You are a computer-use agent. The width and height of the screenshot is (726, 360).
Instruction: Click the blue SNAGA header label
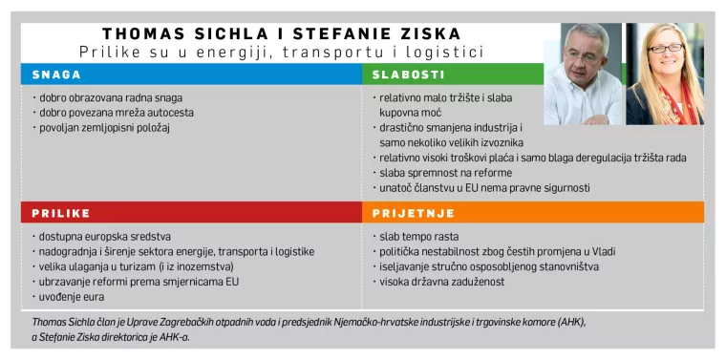click(x=55, y=74)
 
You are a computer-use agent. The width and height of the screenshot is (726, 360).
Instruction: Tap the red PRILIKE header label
click(x=60, y=213)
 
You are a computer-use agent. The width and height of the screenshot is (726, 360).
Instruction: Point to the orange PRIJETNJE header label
click(x=413, y=213)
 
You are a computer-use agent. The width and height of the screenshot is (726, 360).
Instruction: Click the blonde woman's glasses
click(x=665, y=48)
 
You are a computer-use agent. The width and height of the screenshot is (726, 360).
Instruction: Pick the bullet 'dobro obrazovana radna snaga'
click(x=107, y=97)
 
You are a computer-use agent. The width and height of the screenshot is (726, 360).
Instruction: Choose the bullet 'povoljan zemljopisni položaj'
click(x=104, y=127)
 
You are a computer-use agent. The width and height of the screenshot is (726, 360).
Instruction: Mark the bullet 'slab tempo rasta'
click(x=414, y=236)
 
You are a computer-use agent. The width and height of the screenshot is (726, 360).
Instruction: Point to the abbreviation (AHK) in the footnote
click(x=568, y=322)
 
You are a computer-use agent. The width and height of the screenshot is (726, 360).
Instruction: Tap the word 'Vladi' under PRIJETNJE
click(x=584, y=251)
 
